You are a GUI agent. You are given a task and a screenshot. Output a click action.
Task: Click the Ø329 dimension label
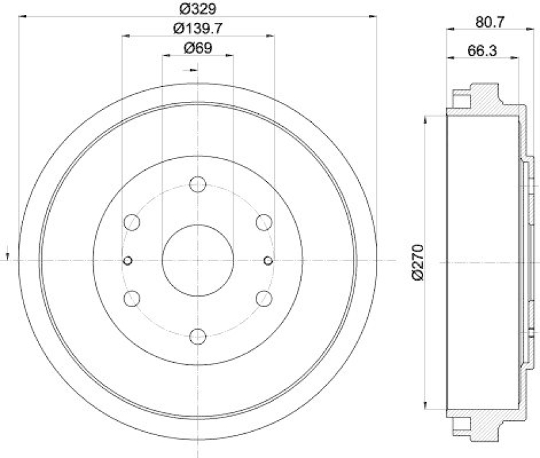pos(198,9)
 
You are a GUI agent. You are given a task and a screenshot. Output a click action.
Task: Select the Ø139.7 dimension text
pos(198,28)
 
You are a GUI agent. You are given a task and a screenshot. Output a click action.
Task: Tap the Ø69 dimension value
pos(198,48)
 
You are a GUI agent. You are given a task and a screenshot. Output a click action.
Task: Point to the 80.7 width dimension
pos(491,22)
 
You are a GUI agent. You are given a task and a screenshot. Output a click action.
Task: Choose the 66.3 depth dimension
pos(483,50)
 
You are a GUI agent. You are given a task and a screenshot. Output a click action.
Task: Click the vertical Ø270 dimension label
pos(416,262)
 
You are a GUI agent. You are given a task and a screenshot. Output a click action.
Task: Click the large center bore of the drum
pos(198,260)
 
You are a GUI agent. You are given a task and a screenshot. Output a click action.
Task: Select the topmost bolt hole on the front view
pos(198,184)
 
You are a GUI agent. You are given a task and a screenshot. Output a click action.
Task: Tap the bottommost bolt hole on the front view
pos(198,337)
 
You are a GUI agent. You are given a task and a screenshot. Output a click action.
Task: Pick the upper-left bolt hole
pos(132,222)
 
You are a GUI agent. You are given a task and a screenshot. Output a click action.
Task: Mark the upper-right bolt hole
pos(264,222)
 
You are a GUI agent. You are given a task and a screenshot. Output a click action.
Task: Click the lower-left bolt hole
pos(132,298)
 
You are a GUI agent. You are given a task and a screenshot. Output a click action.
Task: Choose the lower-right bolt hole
pos(264,298)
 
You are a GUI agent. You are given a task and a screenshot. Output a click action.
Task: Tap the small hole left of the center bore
pos(128,260)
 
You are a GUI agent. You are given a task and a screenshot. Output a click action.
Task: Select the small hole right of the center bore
pos(268,260)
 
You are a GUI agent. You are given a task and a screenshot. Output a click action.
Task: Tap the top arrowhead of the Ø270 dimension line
pos(425,119)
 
